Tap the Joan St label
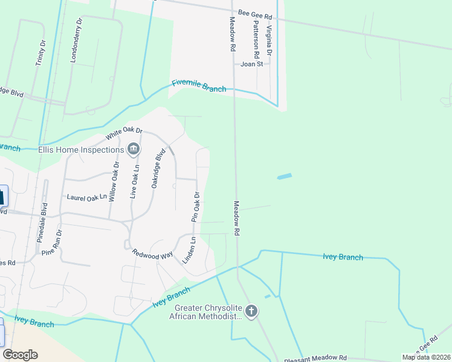pos(252,63)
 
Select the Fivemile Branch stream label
pos(199,86)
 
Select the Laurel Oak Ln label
pos(86,197)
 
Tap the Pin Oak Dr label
pos(195,207)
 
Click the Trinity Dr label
pos(42,56)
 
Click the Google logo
pos(21,355)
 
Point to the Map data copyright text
pos(425,357)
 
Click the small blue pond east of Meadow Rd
pos(284,177)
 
